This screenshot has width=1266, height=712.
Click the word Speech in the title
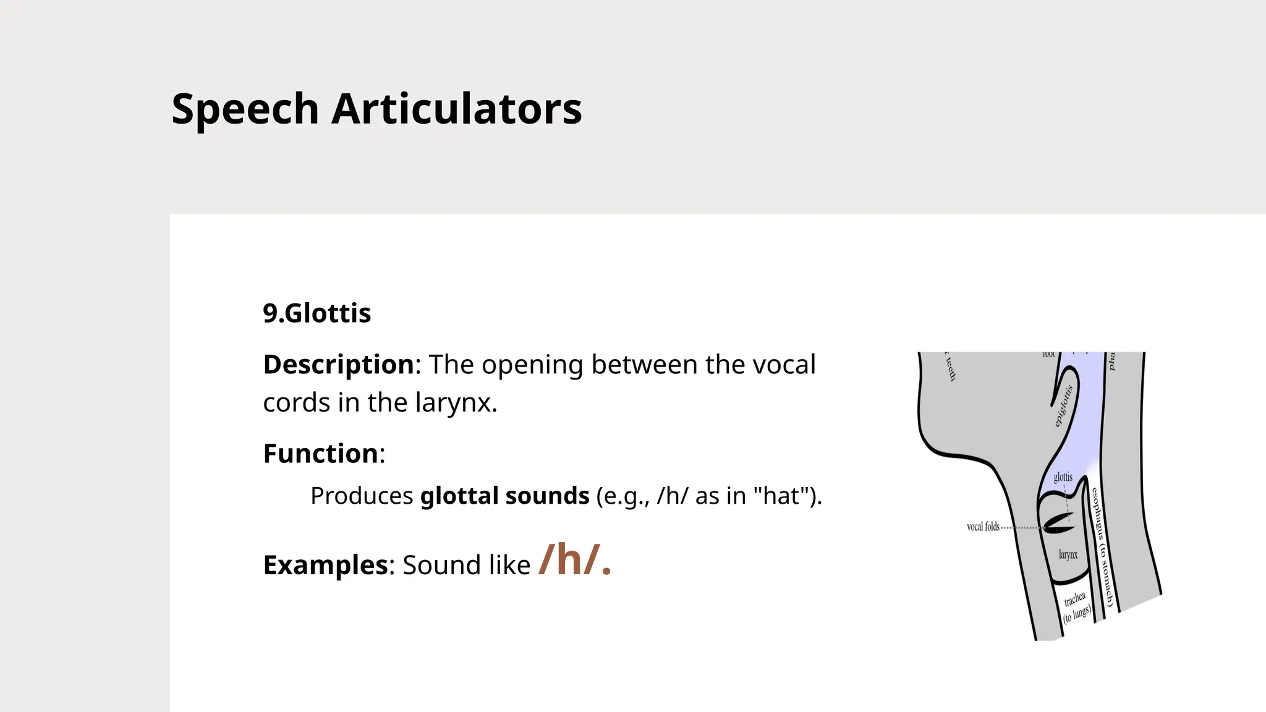(245, 109)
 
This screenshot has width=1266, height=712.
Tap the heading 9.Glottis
(316, 313)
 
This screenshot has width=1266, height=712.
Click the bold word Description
(338, 365)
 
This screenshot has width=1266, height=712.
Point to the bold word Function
(320, 454)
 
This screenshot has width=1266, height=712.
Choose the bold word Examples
(325, 565)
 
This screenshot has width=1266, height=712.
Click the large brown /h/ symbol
(574, 560)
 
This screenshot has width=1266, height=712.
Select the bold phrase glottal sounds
(504, 496)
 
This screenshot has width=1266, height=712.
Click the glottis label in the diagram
(1063, 477)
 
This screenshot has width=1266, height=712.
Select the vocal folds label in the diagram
(983, 527)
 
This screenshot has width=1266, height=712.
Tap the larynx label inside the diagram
(1068, 554)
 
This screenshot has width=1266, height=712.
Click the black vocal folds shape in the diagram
(1058, 523)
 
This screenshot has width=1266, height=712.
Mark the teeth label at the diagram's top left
(950, 368)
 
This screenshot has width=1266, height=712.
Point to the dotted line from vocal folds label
(1021, 528)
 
